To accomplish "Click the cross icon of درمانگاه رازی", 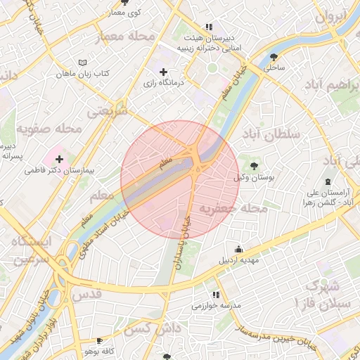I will coord(164,72).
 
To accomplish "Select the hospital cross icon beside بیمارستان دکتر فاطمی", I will coord(59,160).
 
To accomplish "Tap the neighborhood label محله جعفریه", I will coord(232,208).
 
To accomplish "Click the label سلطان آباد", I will coord(270,133).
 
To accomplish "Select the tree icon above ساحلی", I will coord(274,57).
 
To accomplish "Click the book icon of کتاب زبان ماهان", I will coord(84,63).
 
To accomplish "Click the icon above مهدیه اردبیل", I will coord(239,249).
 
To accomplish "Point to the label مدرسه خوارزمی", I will coord(216,307).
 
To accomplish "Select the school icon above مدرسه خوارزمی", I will coord(216,295).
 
